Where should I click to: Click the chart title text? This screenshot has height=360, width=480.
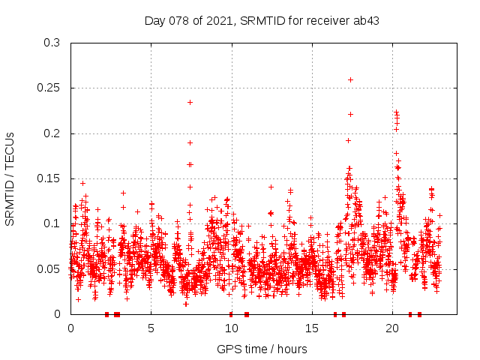pos(262,20)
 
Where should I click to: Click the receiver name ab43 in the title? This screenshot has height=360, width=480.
pos(365,20)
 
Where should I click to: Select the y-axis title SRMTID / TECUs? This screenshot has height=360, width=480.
pos(10,178)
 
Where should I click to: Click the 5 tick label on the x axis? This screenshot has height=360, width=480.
pos(151,328)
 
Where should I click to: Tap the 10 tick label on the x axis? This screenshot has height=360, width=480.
pos(231,328)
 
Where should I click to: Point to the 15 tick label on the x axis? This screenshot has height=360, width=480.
pos(311,328)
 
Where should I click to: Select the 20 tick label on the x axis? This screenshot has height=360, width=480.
pos(391,328)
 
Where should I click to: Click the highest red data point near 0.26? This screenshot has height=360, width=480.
pos(350,79)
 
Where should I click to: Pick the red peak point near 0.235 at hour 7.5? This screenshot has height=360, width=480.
pos(190,102)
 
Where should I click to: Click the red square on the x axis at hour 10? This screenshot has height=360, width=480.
pos(231,314)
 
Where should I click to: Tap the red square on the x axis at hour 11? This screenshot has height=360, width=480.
pos(247,314)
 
